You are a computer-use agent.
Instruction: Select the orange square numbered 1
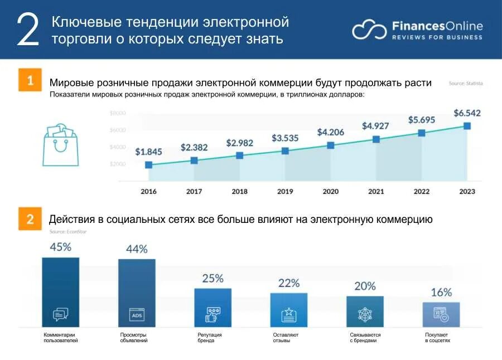pos(30,80)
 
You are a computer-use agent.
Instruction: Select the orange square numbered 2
pos(30,218)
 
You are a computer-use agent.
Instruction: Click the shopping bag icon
pos(60,145)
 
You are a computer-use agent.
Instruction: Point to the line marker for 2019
pos(285,151)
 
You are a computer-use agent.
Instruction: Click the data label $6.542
pos(467,113)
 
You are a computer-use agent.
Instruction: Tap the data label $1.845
pos(148,151)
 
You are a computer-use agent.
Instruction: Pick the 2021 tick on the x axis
pos(376,192)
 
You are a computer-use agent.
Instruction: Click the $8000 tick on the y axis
pos(118,113)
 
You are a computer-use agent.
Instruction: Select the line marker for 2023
pos(467,126)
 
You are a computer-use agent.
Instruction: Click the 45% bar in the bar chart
pos(60,292)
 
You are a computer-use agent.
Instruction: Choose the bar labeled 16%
pos(441,314)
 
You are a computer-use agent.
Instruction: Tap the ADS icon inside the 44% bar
pos(137,315)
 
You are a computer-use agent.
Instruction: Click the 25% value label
pos(213,278)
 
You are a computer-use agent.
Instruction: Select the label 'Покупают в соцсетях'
pos(437,338)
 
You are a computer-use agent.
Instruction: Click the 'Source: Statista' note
pos(466,84)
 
